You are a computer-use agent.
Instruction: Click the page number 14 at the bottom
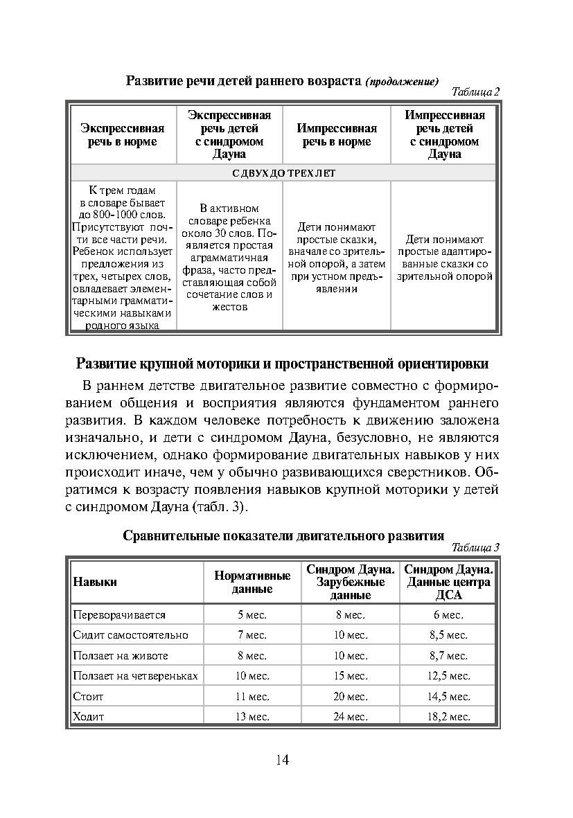[282, 761]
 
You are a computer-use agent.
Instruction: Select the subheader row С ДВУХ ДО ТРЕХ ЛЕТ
[283, 173]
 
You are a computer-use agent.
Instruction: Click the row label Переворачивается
[119, 614]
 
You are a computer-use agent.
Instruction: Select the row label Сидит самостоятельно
[130, 634]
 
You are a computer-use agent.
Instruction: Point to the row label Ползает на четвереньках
[136, 675]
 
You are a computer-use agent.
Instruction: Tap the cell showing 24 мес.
[350, 716]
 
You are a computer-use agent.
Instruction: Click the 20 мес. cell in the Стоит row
[350, 696]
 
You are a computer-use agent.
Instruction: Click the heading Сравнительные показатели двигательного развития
[283, 535]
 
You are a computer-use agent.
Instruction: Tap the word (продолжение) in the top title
[402, 82]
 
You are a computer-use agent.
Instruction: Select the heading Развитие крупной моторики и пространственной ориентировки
[282, 364]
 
